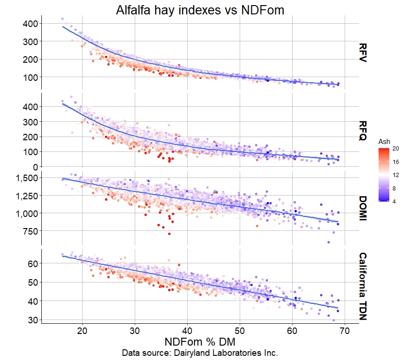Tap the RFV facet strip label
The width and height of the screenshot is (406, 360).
363,53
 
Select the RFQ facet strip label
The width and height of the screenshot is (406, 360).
363,131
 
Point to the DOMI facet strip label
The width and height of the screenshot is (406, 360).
363,209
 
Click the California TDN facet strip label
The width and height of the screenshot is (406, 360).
363,287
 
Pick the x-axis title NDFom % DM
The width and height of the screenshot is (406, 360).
200,341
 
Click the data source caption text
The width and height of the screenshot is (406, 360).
200,353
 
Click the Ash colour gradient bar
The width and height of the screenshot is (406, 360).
384,175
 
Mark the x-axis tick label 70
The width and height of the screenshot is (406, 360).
344,331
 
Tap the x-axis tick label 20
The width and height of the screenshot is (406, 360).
83,331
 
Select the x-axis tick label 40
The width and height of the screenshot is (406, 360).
187,331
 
